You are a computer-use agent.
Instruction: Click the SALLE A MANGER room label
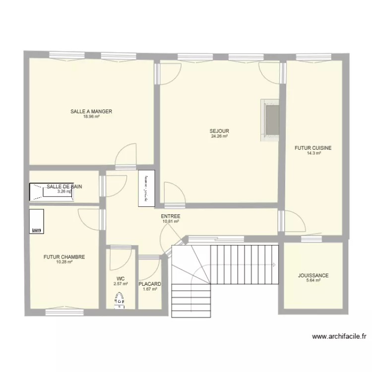coord(91,112)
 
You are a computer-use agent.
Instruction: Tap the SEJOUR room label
coord(219,131)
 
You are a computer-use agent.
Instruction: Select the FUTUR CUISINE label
coord(313,148)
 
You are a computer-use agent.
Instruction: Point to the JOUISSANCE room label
coord(313,275)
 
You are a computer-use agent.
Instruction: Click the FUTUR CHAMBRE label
coord(64,257)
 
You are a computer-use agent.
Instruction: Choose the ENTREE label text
coord(170,217)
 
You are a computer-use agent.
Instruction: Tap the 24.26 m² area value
coord(219,136)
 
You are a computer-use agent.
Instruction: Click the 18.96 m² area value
coord(91,117)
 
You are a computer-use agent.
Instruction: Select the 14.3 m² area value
coord(313,153)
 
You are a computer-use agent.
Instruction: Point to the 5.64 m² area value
coord(313,280)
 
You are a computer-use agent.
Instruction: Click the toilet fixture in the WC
coord(119,300)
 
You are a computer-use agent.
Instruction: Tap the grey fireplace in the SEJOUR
coord(271,120)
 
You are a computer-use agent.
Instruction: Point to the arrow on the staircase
coord(273,265)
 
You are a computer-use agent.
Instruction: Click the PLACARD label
coord(150,284)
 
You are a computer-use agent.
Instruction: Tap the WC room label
coord(121,279)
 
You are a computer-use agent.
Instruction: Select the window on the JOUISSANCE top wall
coord(312,240)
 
